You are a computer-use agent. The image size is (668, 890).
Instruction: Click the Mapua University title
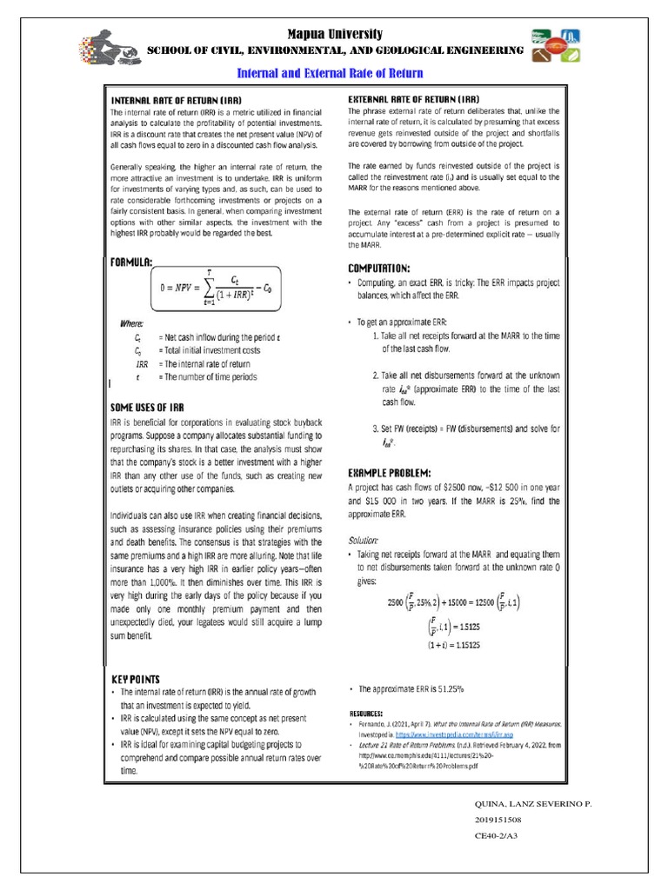tap(335, 34)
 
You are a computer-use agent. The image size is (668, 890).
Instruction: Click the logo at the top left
tap(112, 50)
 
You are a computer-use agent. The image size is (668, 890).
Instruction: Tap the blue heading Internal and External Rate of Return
tap(334, 74)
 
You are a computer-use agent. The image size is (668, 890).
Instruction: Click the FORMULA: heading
tap(131, 262)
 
